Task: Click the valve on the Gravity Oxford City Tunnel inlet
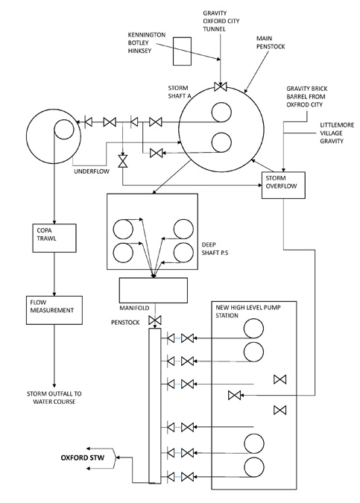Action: click(x=221, y=86)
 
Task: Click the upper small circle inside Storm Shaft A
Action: click(x=220, y=111)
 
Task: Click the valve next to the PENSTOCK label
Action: click(x=155, y=320)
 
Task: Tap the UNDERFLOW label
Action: click(x=92, y=171)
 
